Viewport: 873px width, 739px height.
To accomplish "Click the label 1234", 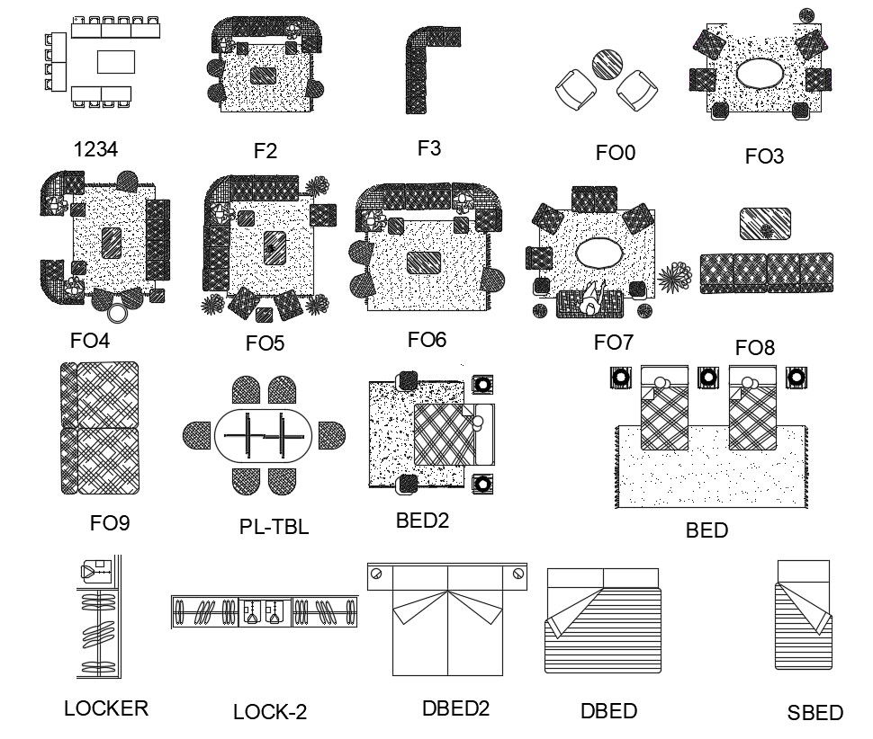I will tap(95, 149).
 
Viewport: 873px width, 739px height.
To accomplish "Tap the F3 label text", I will tap(429, 147).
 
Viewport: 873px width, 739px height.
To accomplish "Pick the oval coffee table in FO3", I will tap(758, 73).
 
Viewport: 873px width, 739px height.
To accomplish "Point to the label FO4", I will tap(90, 341).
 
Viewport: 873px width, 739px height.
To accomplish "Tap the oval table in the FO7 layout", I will tap(598, 254).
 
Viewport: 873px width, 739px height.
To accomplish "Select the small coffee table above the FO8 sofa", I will tap(765, 225).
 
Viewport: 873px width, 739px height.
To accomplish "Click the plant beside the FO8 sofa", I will tap(674, 276).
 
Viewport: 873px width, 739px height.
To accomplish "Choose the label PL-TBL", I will tap(274, 528).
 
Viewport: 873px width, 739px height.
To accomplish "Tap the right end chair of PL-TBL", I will tap(330, 436).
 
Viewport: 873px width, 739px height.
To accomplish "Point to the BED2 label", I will tap(422, 519).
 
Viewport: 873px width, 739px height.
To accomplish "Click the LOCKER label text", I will tap(106, 708).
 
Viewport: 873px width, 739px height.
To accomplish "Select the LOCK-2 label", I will tap(270, 712).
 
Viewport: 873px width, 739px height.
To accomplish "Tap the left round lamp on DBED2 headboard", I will tap(377, 573).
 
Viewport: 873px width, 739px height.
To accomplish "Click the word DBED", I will tap(608, 711).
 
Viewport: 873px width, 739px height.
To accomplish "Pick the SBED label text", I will tap(814, 713).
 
